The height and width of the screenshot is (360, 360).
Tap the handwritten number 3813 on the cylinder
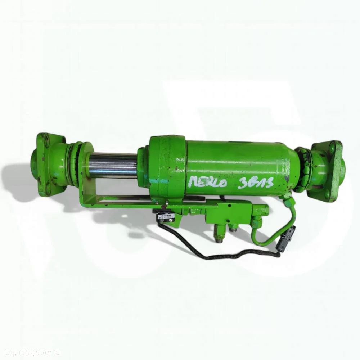(x=256, y=183)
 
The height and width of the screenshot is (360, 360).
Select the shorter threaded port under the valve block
(x=233, y=228)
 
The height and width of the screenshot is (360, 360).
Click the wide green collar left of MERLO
(x=167, y=166)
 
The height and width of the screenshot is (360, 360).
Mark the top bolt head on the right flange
(x=332, y=147)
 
